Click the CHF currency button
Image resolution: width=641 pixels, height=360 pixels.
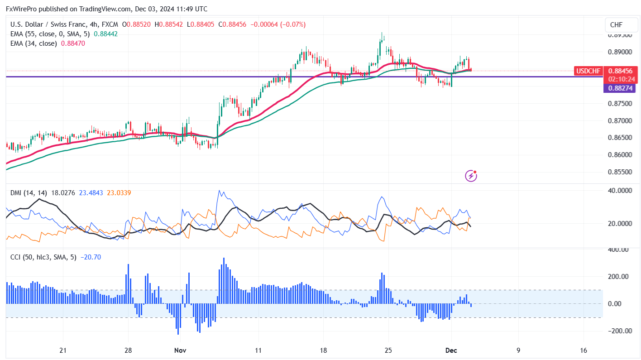coord(616,25)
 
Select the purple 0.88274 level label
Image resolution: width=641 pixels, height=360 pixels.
coord(619,89)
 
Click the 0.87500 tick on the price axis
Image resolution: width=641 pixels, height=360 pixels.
coord(620,104)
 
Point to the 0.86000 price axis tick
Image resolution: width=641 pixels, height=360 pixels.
coord(620,155)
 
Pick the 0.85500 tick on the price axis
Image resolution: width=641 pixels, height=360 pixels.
coord(620,172)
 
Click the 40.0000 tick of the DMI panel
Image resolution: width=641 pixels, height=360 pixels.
coord(619,191)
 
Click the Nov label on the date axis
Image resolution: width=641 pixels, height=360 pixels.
coord(181,350)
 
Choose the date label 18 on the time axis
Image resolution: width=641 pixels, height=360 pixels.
coord(323,350)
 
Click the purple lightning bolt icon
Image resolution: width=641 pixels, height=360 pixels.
coord(471,176)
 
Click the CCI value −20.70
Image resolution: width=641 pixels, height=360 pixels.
coord(91,257)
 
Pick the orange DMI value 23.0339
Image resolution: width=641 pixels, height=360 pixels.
coord(119,193)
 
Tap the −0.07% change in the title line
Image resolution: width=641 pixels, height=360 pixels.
coord(293,24)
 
